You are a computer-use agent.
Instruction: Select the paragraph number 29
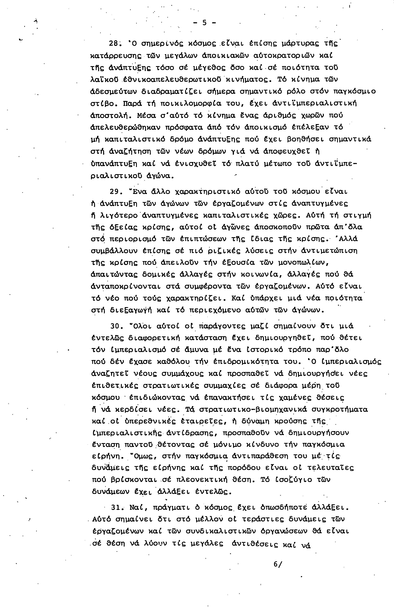point(114,192)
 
